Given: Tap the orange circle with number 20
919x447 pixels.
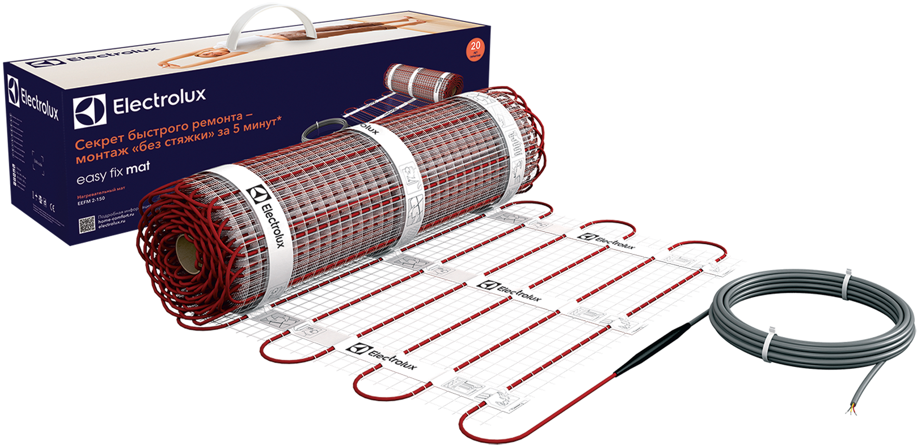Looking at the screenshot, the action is pyautogui.click(x=475, y=49).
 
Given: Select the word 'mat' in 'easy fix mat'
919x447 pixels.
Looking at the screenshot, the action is pyautogui.click(x=138, y=168).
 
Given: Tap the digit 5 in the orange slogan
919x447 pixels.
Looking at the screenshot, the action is pyautogui.click(x=236, y=129).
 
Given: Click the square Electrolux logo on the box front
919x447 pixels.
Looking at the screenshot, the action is pyautogui.click(x=90, y=112).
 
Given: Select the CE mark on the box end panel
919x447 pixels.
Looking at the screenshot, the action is pyautogui.click(x=52, y=207).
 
